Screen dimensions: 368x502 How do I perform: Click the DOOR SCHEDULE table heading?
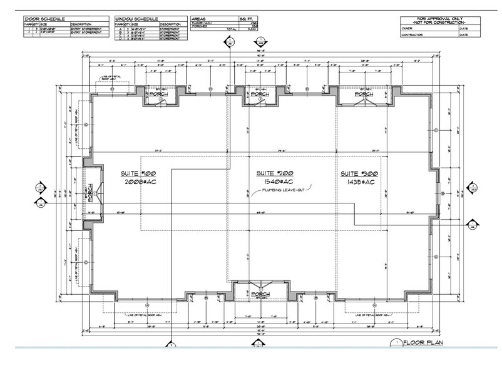click(43, 19)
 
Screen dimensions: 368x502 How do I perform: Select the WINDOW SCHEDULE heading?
click(137, 19)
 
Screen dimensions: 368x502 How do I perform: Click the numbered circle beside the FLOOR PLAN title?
click(395, 342)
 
